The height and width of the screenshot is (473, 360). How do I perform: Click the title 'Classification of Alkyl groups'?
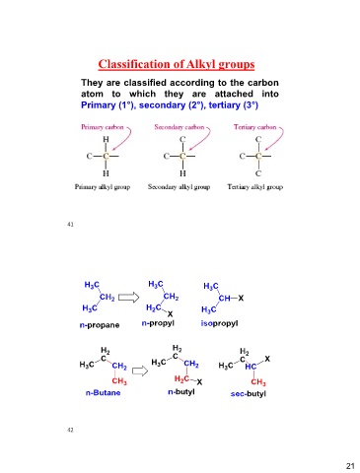[x=177, y=64]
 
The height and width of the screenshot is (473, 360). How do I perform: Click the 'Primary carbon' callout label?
[x=103, y=127]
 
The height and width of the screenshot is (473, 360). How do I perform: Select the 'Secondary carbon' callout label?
[x=180, y=127]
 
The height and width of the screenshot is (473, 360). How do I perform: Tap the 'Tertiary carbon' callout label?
[x=254, y=127]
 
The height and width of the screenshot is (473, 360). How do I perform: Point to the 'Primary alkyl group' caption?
[x=103, y=187]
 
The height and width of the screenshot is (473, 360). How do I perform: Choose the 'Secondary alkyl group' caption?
[x=179, y=187]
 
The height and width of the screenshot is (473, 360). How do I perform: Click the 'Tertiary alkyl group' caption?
[x=255, y=187]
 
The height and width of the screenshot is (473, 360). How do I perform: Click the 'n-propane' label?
[x=100, y=325]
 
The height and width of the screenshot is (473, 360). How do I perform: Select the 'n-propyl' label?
[x=158, y=323]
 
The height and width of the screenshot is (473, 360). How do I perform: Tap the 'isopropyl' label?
[x=219, y=323]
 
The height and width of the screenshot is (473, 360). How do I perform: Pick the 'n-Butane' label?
[x=103, y=392]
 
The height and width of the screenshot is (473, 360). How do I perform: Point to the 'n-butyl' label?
[x=181, y=392]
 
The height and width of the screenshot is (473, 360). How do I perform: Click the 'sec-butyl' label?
[x=249, y=393]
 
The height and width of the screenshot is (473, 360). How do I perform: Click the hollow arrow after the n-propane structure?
[x=128, y=298]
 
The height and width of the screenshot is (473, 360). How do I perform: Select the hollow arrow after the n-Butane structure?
[x=140, y=372]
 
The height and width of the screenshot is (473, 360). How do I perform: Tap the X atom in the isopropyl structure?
[x=241, y=299]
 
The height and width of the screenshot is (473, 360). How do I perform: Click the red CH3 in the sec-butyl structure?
[x=258, y=382]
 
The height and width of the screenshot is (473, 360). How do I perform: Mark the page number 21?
[x=350, y=466]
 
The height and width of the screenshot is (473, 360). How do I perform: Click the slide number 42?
[x=70, y=430]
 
